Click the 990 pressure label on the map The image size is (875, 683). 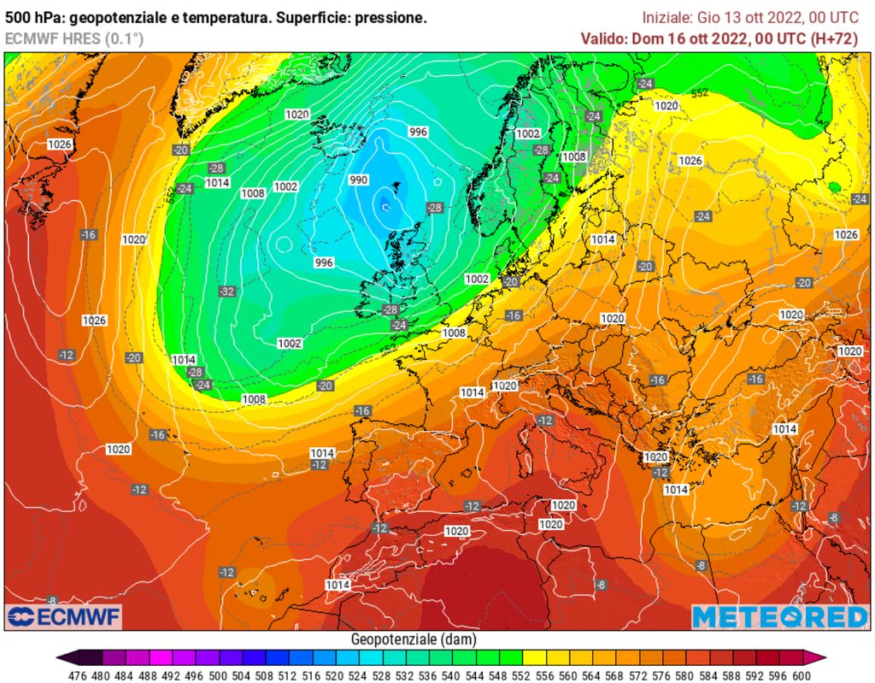[359, 180]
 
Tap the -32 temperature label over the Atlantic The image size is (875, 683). [226, 291]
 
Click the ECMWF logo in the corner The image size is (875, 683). [64, 617]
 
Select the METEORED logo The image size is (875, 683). [779, 617]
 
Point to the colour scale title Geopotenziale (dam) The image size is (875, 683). [414, 639]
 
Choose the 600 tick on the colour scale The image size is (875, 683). [801, 674]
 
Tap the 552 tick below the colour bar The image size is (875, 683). [511, 674]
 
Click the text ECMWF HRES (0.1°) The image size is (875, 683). [74, 38]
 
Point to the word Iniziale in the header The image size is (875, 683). [667, 17]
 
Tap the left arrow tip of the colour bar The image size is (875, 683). [59, 657]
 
